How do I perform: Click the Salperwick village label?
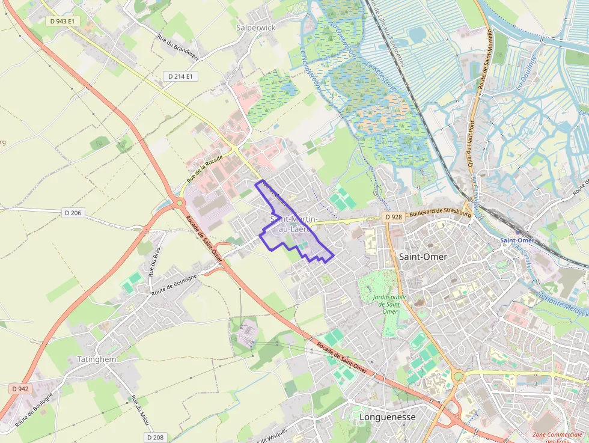click(255, 28)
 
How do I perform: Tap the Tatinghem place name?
click(97, 359)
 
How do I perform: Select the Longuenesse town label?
click(387, 416)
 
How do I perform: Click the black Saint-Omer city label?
click(423, 256)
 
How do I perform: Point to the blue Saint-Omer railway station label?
click(517, 240)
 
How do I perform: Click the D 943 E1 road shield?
click(63, 21)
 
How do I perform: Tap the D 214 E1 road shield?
click(180, 76)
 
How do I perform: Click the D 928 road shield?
click(394, 216)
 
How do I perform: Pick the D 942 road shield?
click(20, 389)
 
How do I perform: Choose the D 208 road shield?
click(155, 437)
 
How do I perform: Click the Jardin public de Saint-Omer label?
click(389, 304)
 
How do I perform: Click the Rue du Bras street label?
click(154, 262)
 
